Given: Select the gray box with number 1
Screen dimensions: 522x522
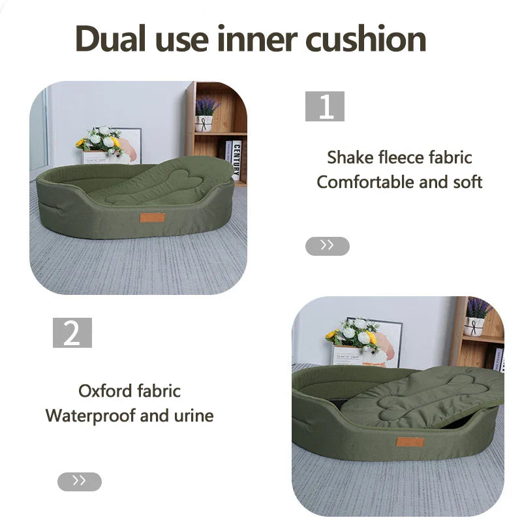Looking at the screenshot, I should click(324, 106).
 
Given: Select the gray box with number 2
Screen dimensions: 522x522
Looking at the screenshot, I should click(72, 333).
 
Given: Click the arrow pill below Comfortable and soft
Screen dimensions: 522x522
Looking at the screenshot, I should click(328, 246).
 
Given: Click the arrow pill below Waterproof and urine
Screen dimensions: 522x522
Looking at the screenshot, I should click(80, 482).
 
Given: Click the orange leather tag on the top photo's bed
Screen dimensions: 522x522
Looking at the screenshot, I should click(151, 217).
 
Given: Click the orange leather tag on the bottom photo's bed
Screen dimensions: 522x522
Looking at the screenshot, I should click(410, 442).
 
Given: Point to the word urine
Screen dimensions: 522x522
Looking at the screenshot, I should click(194, 416).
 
